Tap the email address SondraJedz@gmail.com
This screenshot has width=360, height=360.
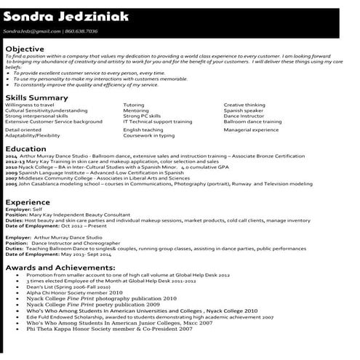click(31, 32)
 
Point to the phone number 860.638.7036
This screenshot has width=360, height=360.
click(81, 32)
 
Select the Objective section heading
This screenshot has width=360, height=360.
click(25, 49)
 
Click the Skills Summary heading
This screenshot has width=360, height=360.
click(36, 97)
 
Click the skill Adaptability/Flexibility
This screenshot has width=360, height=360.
click(33, 135)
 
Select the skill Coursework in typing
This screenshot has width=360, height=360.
click(148, 135)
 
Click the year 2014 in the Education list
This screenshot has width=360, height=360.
click(10, 156)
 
